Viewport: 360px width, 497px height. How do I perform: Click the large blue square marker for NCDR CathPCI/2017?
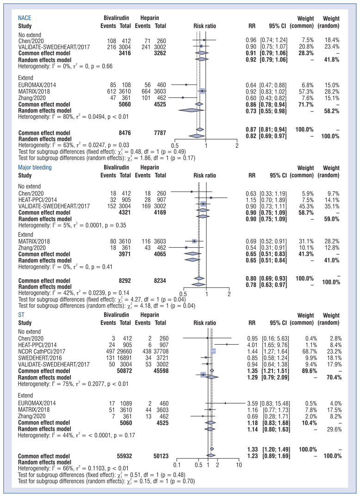[213, 351]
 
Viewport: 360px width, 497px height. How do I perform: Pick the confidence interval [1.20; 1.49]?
[273, 449]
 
